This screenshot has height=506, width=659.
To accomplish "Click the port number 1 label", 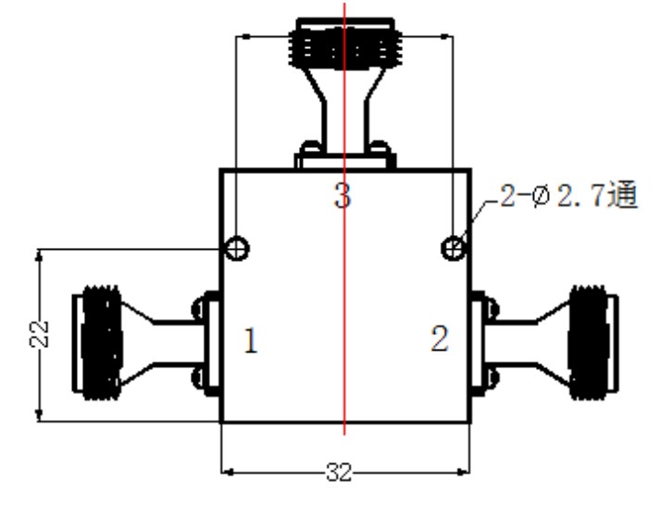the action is [251, 339].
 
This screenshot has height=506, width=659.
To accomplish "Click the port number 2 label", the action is [440, 338].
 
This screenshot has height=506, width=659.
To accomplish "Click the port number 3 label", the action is [342, 195].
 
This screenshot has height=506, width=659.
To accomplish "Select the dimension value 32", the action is [339, 472].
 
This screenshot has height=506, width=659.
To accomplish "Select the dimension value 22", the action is [39, 334].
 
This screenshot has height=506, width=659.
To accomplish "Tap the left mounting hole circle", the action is [237, 248].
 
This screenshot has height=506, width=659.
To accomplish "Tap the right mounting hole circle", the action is [454, 248].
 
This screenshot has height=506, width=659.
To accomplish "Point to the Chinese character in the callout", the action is [622, 194].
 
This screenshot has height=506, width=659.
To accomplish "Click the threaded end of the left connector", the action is [101, 342].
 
